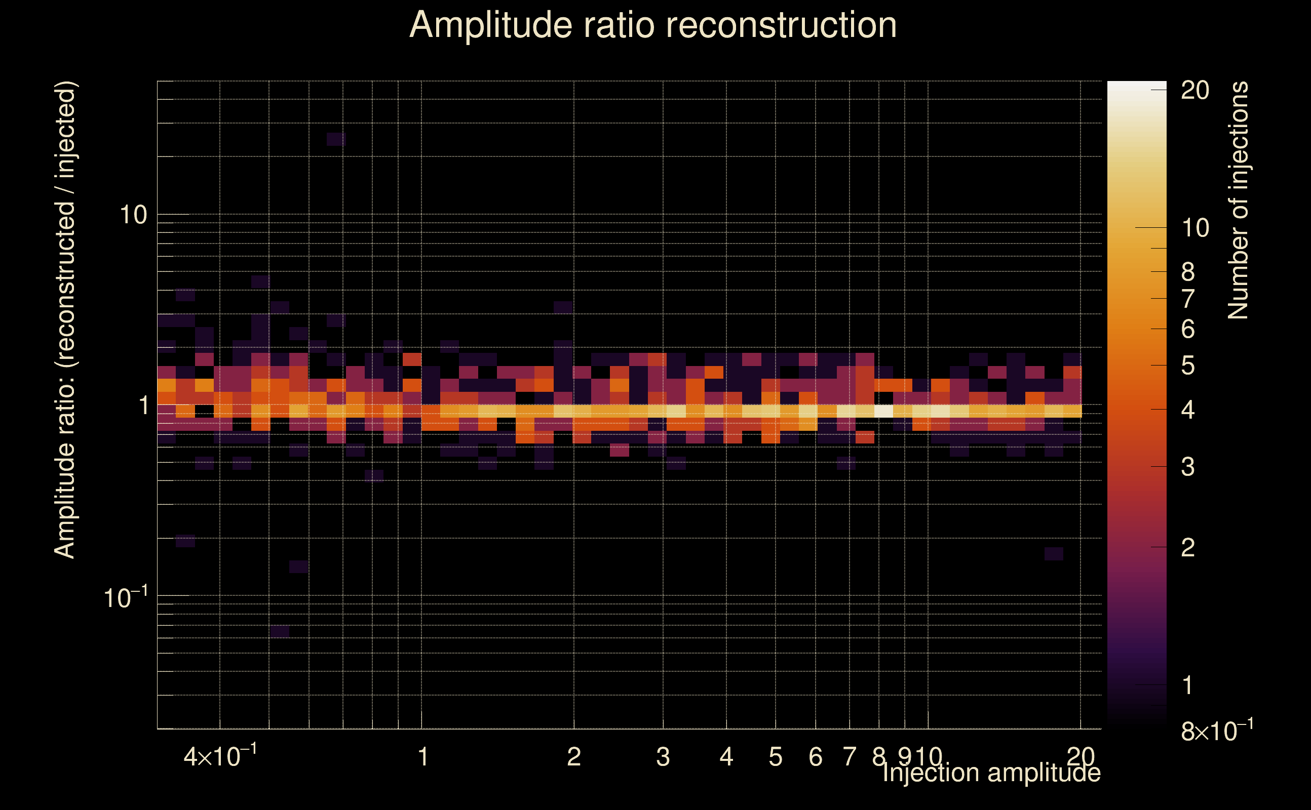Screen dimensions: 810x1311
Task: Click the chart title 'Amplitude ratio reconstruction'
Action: click(x=653, y=26)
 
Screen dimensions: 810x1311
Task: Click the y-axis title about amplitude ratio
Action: click(x=65, y=320)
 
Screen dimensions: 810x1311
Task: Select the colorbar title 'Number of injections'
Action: click(x=1238, y=200)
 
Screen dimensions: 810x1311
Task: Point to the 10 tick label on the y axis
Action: click(x=133, y=215)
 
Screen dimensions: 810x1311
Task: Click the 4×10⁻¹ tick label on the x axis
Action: click(x=220, y=756)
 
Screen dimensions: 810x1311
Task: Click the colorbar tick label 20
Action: click(x=1194, y=91)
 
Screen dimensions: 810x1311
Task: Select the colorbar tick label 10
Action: click(x=1194, y=228)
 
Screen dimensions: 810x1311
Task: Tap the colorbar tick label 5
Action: click(x=1188, y=366)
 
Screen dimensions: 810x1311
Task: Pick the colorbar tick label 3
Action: click(x=1188, y=467)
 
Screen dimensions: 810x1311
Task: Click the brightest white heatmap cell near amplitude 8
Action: click(x=884, y=411)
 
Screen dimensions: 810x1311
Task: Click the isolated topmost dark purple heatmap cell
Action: click(x=336, y=139)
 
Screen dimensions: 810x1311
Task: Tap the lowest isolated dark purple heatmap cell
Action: click(x=280, y=632)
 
